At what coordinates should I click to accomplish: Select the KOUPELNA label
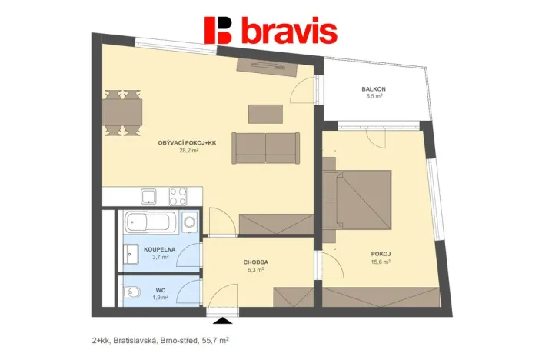pyautogui.click(x=160, y=249)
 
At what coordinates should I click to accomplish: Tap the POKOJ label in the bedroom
pyautogui.click(x=381, y=253)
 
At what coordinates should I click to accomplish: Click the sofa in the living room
pyautogui.click(x=265, y=147)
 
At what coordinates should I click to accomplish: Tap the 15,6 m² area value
pyautogui.click(x=381, y=262)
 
